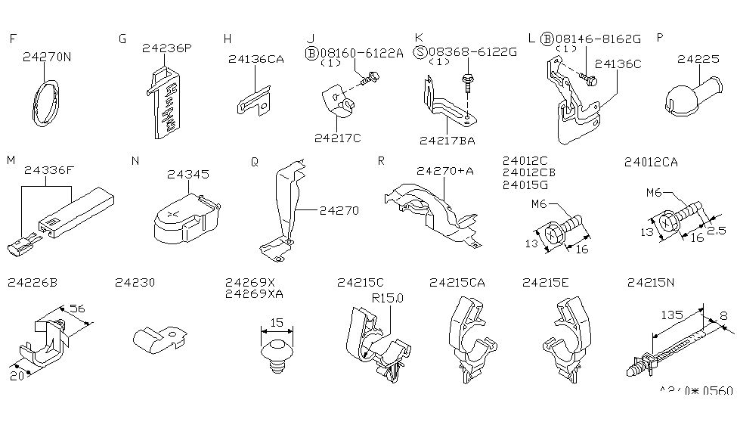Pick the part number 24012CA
(x=651, y=161)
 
